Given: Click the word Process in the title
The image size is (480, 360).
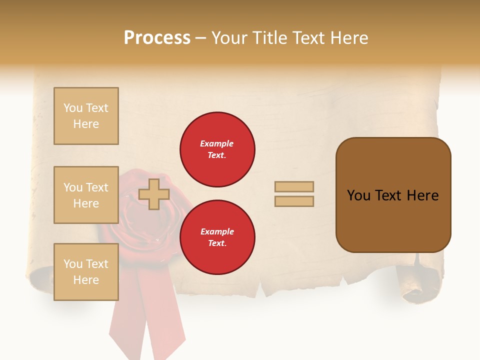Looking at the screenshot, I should tap(157, 38).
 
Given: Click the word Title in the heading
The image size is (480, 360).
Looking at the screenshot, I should tap(268, 38).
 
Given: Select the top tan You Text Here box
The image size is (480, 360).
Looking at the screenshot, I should tap(86, 116).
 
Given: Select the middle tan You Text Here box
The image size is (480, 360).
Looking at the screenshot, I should tap(86, 195).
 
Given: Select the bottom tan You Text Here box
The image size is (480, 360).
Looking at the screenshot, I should tap(86, 272).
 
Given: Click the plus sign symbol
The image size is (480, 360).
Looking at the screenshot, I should tap(154, 194).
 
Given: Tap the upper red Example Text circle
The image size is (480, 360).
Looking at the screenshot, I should tap(217, 149).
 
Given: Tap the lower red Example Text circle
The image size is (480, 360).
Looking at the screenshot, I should tap(217, 237).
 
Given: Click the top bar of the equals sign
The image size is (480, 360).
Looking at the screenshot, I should tap(294, 186).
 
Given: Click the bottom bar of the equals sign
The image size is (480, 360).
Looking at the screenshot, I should tap(294, 201).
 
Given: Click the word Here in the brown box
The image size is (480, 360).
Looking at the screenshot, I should tap(422, 195).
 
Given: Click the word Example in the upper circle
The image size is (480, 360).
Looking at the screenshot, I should tap(217, 143).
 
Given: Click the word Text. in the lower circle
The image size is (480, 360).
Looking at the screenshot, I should tap(217, 243).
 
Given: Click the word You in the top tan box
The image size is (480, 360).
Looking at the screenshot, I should tap(73, 108).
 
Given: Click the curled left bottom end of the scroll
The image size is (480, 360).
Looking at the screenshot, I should tap(40, 277).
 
